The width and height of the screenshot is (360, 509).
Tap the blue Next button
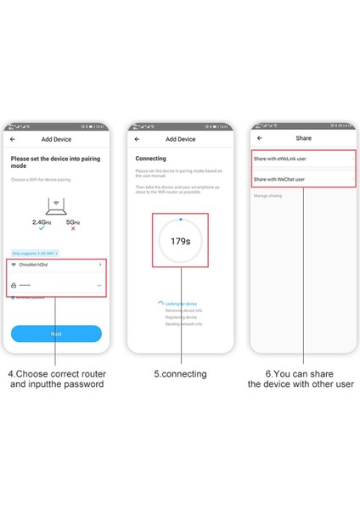(56, 334)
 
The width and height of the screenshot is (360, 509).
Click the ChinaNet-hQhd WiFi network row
(56, 265)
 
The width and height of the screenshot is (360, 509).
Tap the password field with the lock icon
(56, 286)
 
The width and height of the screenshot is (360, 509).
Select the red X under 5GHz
(73, 228)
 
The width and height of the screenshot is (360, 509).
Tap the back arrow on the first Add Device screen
(13, 139)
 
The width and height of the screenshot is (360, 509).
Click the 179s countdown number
(180, 241)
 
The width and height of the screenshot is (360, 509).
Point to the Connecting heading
(150, 159)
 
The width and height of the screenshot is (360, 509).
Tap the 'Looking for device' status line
(181, 303)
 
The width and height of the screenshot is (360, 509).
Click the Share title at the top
(303, 138)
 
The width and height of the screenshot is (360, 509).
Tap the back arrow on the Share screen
(259, 138)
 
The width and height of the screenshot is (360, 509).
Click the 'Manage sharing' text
(268, 196)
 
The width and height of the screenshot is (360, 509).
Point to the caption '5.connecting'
(179, 373)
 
